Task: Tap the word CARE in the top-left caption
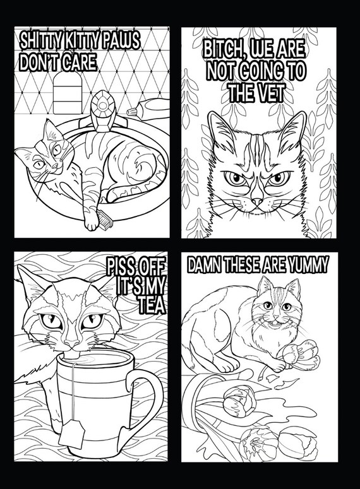point(80,62)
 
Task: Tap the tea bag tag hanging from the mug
point(72,433)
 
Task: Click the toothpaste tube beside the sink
point(149,108)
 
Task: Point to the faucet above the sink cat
point(102,111)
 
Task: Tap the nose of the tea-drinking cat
point(72,343)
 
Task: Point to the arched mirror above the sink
point(68,93)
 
